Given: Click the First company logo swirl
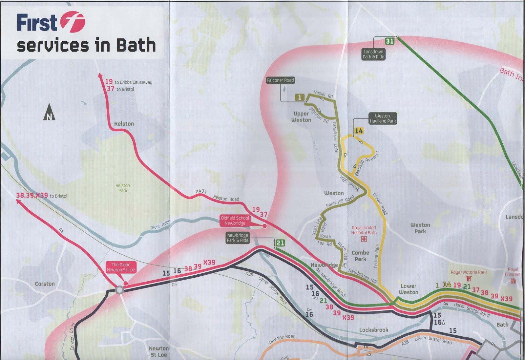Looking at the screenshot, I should click(x=72, y=22).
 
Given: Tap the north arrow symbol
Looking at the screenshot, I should click(x=49, y=112).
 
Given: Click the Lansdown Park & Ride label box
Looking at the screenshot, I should click(x=373, y=54).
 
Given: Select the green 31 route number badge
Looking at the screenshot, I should click(x=389, y=41).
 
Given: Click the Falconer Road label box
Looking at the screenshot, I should click(x=280, y=80).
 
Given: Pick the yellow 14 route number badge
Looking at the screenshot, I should click(x=359, y=131).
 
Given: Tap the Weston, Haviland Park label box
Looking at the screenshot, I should click(x=383, y=118).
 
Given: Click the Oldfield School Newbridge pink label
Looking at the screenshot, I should click(x=235, y=221).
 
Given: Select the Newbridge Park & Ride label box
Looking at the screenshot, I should click(x=238, y=238).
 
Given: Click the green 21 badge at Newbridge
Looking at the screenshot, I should click(x=280, y=243).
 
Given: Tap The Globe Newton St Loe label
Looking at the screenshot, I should click(x=121, y=267).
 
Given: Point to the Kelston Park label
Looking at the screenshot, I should click(x=123, y=188).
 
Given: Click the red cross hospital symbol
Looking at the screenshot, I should click(x=364, y=239).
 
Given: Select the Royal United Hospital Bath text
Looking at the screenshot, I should click(x=364, y=230).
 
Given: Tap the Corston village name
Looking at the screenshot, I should click(x=45, y=284).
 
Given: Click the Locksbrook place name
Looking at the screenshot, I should click(x=373, y=330).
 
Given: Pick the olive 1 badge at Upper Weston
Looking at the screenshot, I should click(x=300, y=97).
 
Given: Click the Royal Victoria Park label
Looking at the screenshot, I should click(x=469, y=272).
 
